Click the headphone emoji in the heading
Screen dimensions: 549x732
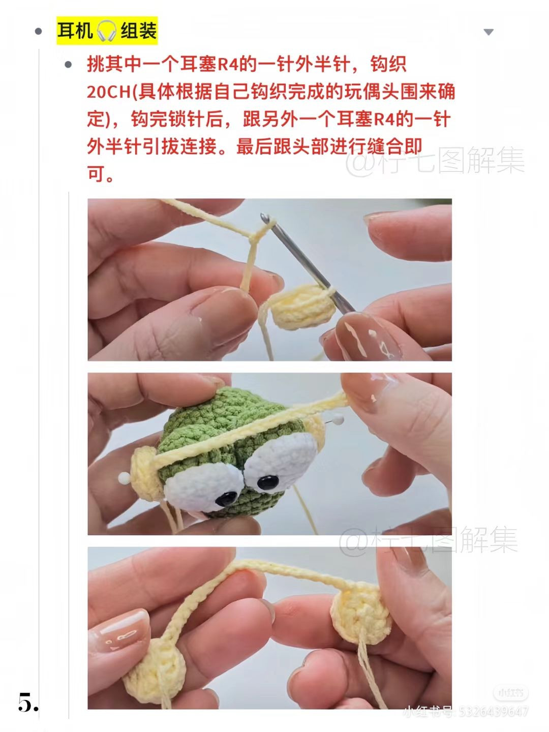(x=106, y=31)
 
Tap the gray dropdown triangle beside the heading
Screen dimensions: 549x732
(x=489, y=32)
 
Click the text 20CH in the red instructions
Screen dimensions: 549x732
(x=109, y=91)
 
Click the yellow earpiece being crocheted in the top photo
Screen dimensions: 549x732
(x=304, y=307)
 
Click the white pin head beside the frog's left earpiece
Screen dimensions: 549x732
(x=124, y=477)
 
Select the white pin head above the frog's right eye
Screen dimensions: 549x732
(x=338, y=419)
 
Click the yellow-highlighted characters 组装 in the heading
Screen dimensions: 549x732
(x=138, y=31)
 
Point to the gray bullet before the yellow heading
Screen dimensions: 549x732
(x=38, y=32)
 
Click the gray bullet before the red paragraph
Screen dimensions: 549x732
(x=68, y=65)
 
